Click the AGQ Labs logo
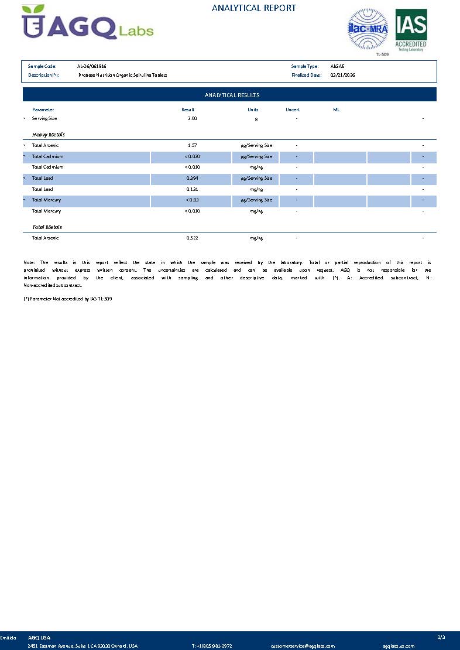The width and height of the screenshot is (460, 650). (88, 23)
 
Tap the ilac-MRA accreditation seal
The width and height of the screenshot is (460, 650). (368, 28)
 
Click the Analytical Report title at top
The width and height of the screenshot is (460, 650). (253, 8)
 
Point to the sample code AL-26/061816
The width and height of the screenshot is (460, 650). (91, 67)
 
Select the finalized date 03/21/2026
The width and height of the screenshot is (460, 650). (342, 75)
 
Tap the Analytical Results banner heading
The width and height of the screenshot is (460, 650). (232, 95)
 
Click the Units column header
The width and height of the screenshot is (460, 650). (253, 110)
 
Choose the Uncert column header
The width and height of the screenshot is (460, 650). (293, 110)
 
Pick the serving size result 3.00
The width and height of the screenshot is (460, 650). (192, 118)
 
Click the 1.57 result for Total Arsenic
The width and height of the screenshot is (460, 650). (192, 145)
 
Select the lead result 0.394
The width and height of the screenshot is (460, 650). (192, 178)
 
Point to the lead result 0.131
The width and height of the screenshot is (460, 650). (192, 189)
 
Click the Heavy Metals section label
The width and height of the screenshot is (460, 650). (49, 135)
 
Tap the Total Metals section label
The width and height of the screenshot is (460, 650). (47, 227)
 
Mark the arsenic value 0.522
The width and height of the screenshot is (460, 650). (192, 238)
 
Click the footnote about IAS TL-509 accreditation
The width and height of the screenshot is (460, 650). (67, 299)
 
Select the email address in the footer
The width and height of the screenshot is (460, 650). (303, 646)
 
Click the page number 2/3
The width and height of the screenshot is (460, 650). (441, 637)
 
